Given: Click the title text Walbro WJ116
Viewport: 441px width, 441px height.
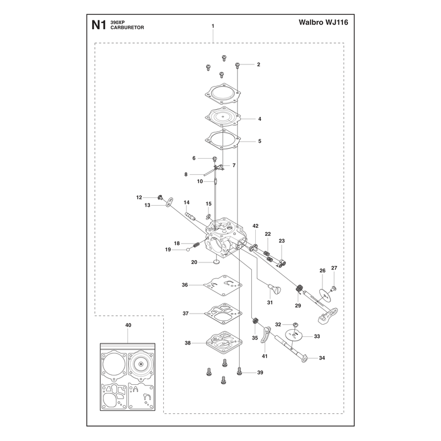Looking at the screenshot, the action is pos(323,22).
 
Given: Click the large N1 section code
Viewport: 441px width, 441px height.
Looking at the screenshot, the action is pos(99,25).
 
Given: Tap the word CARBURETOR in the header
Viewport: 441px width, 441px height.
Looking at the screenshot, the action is pos(127,28).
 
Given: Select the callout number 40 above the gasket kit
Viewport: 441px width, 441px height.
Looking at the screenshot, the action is pos(128,325).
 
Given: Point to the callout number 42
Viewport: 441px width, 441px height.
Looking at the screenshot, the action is pos(255,226).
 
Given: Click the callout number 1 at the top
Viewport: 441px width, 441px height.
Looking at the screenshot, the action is pos(213,26).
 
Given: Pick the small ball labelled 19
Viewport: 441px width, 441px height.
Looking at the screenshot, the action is pos(188,250).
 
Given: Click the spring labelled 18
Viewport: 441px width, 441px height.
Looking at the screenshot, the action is pos(196,245).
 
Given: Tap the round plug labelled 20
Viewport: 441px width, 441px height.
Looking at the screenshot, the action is pos(216,262).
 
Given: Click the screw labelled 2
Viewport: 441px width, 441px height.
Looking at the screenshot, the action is pos(238,66).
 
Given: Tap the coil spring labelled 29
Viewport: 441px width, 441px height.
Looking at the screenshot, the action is pos(299,288).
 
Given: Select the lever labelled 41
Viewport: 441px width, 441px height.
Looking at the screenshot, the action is pos(266,334).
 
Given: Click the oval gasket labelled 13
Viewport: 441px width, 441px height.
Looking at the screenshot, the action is pos(169,202).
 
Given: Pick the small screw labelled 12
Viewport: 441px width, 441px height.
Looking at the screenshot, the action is pos(160,197).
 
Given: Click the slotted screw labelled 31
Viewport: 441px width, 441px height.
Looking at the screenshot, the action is pos(275,288).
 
